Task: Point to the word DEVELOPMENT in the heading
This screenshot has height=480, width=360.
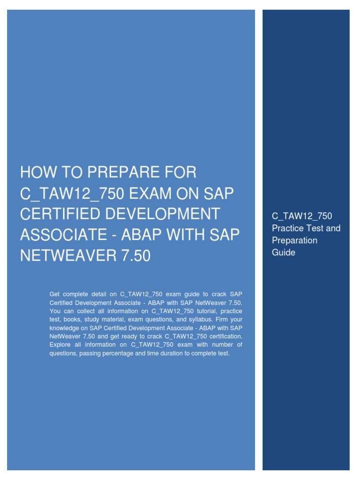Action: (162, 214)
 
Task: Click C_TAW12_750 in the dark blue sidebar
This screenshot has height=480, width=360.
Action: (302, 216)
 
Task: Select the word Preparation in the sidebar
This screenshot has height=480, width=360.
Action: (295, 240)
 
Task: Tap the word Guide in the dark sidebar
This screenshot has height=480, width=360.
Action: (284, 252)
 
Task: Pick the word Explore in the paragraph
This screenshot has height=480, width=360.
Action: (60, 345)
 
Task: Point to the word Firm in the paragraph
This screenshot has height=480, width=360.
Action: (222, 319)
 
